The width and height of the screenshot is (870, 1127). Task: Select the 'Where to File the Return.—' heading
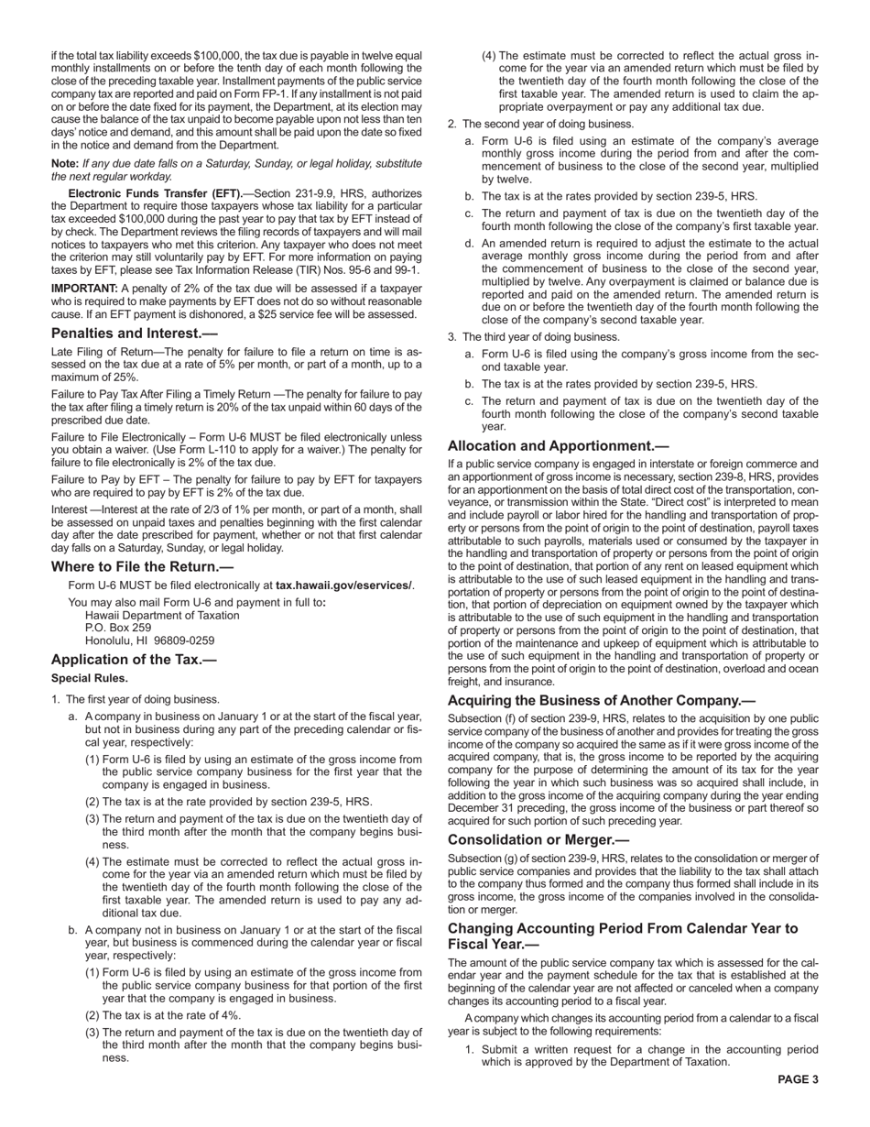(x=142, y=566)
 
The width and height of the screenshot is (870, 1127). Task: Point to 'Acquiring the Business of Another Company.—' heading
(x=601, y=700)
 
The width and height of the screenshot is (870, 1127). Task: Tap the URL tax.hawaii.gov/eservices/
(x=344, y=585)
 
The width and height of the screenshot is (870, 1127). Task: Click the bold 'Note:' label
(x=65, y=163)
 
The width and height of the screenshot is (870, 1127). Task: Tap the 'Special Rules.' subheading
(x=90, y=679)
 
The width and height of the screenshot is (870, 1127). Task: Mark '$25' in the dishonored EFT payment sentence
(x=321, y=314)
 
